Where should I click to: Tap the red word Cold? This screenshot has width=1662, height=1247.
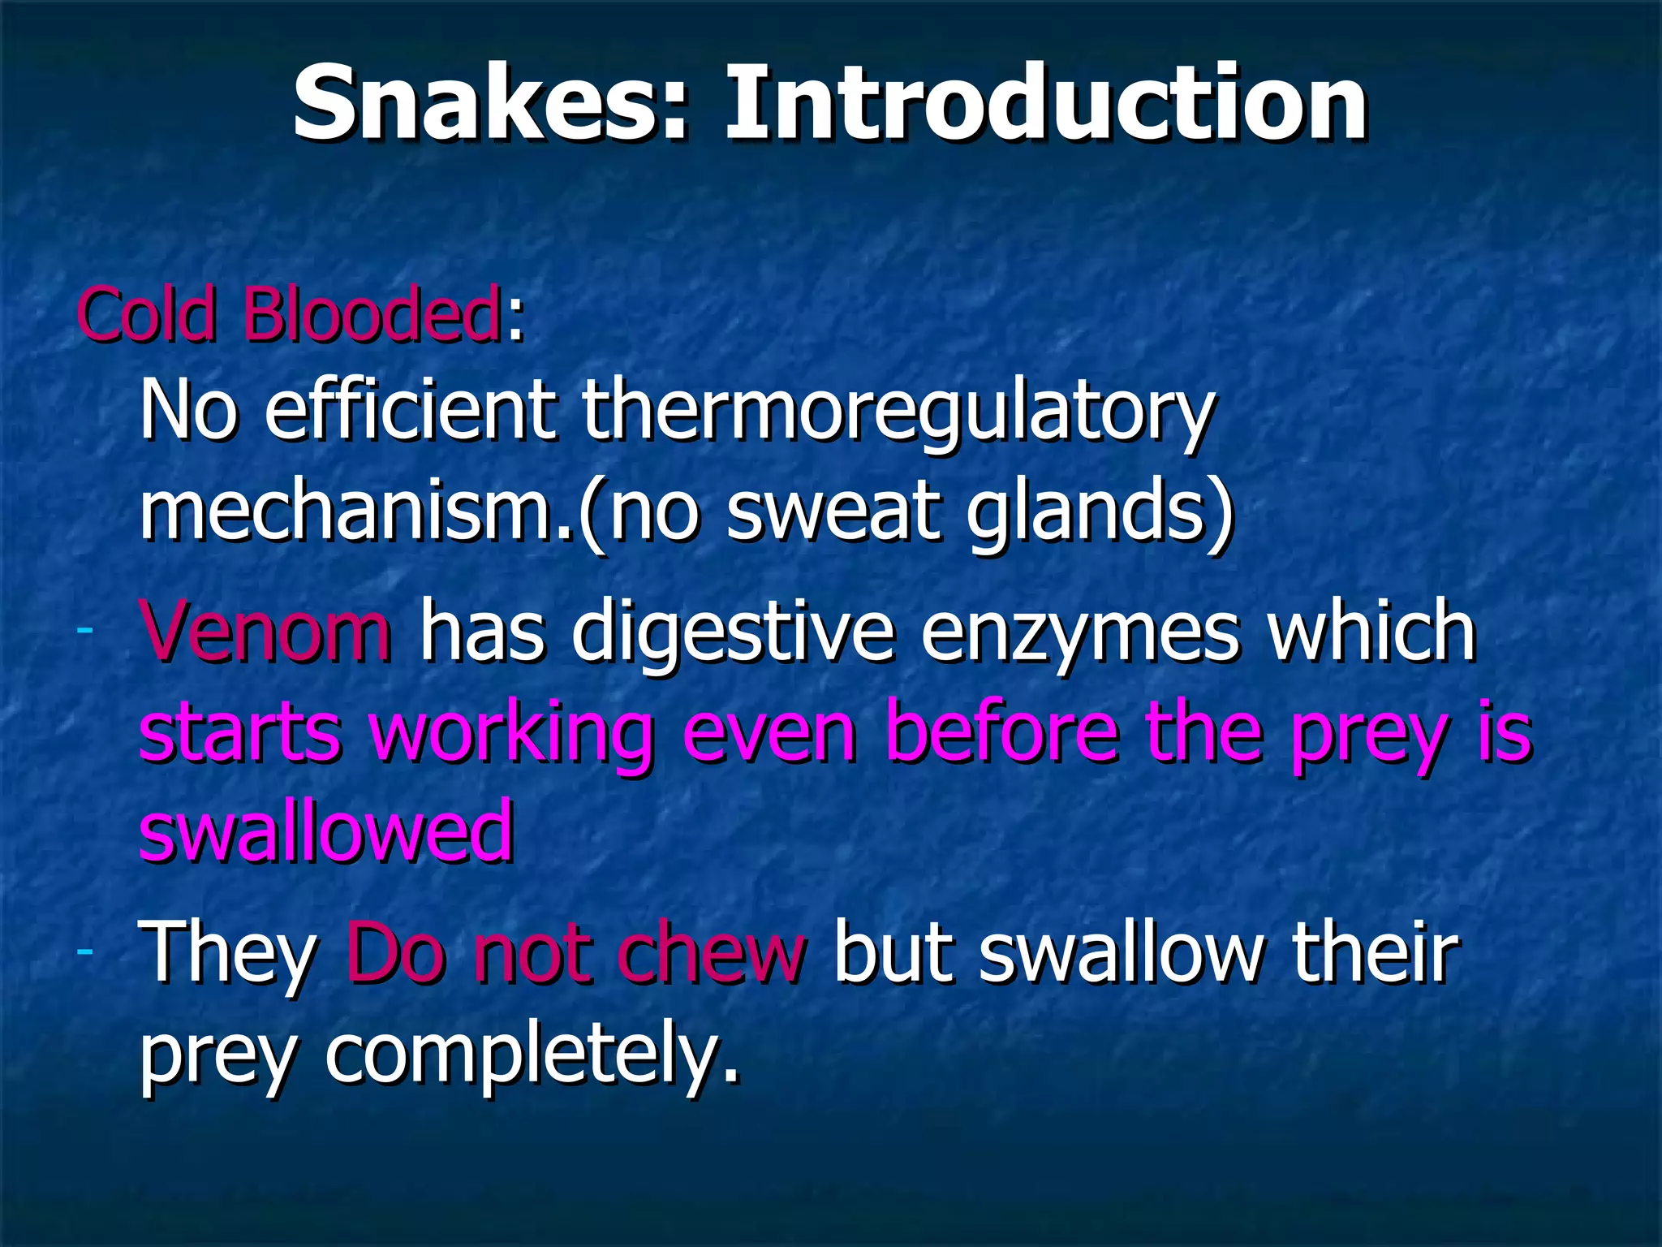(x=147, y=314)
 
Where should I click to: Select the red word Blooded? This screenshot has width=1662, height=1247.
(x=372, y=314)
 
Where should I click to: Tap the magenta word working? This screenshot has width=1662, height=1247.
(x=512, y=735)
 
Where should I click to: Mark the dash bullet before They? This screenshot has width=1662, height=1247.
(x=84, y=950)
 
